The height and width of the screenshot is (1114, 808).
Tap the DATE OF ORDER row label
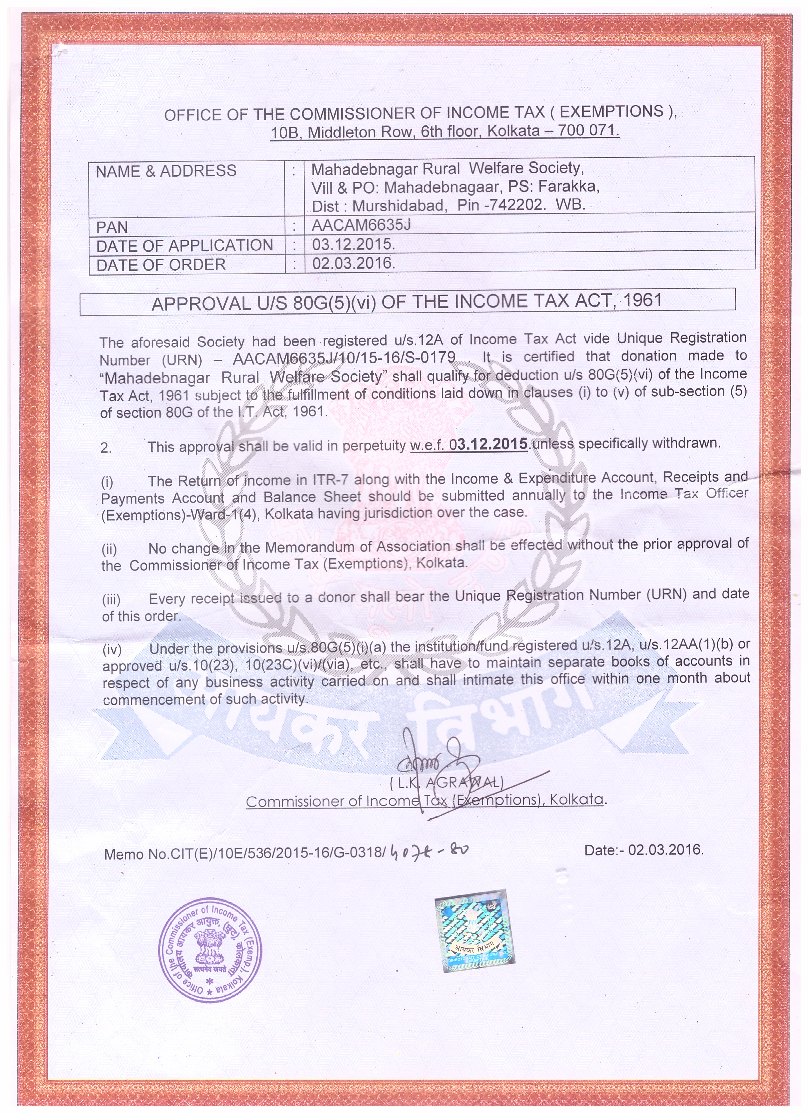pyautogui.click(x=161, y=265)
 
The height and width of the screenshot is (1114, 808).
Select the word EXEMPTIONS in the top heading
pyautogui.click(x=611, y=112)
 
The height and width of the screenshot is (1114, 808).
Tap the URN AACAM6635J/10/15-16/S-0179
pyautogui.click(x=344, y=358)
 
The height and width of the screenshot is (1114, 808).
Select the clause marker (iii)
pyautogui.click(x=111, y=599)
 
